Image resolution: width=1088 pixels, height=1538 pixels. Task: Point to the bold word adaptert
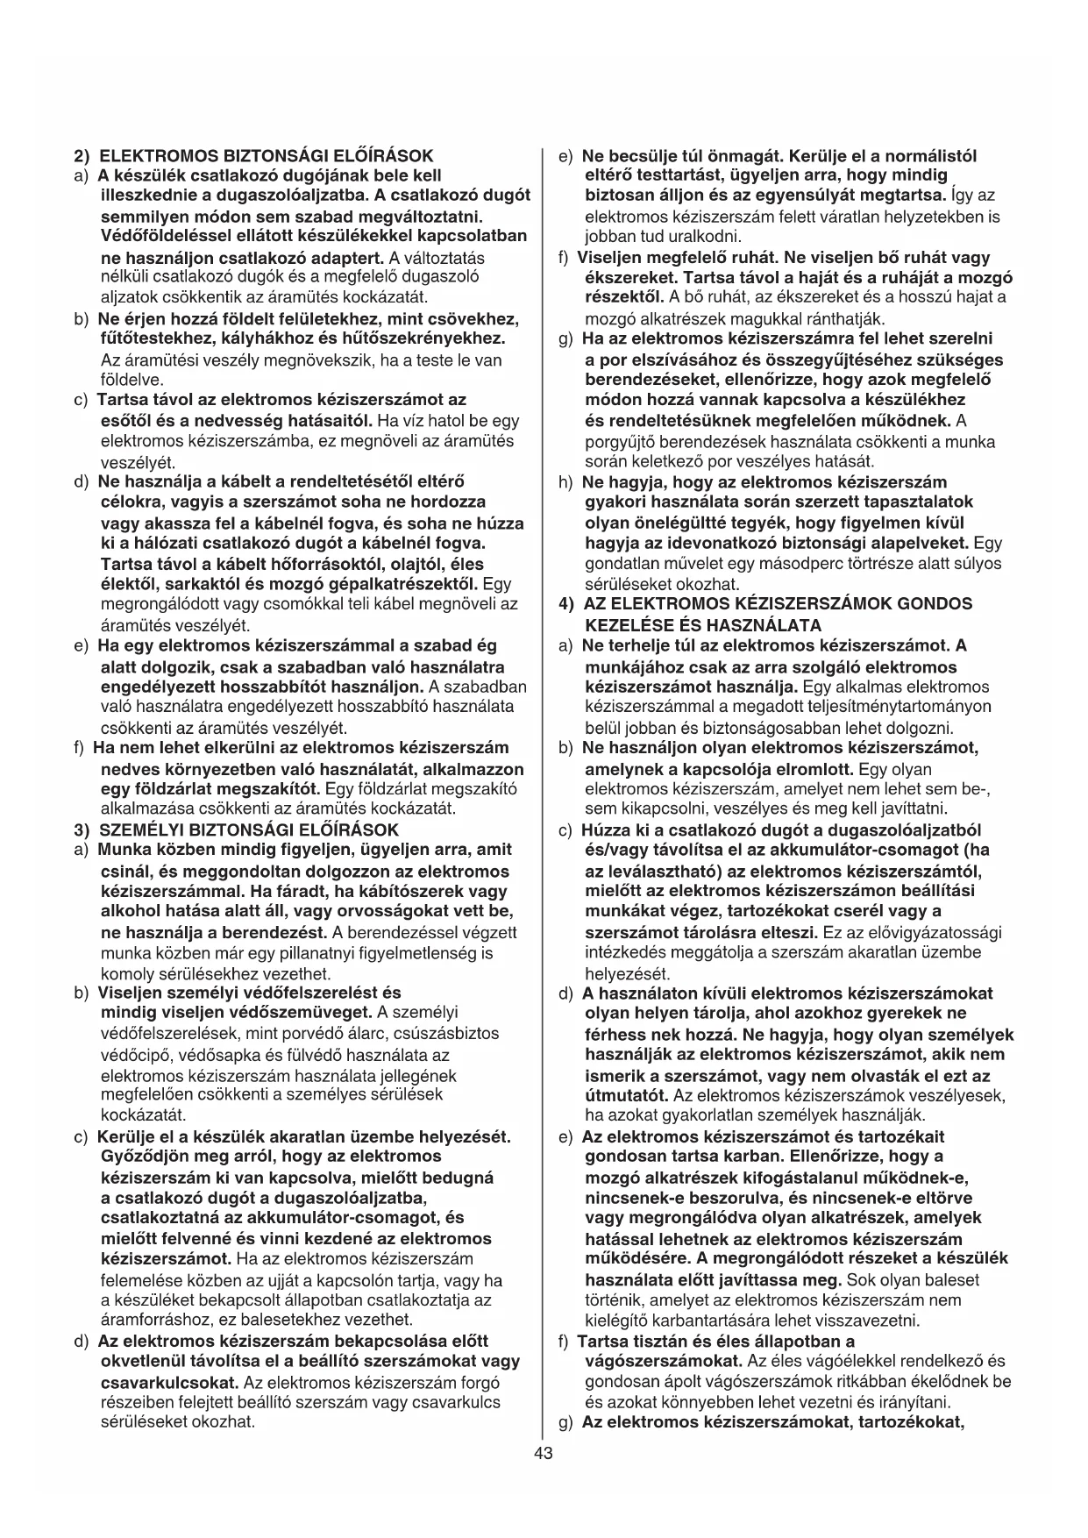347,258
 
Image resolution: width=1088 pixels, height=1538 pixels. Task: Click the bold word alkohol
131,911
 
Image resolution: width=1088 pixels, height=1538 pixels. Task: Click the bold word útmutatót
626,1096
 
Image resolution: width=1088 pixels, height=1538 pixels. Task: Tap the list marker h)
565,482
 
